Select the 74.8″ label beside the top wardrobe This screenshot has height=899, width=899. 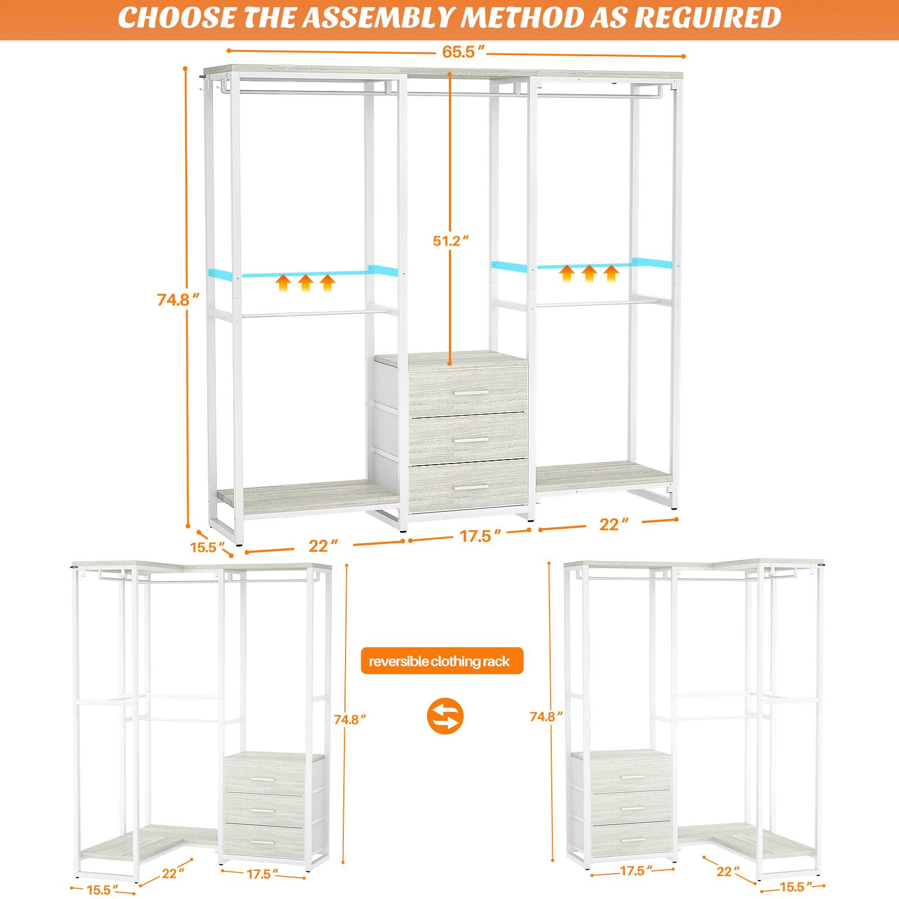178,299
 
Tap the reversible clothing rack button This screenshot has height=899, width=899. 442,661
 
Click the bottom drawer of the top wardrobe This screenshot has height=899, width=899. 467,487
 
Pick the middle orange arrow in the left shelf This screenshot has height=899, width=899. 305,282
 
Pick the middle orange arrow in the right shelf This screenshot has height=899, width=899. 588,273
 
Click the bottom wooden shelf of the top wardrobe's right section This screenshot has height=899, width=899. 604,473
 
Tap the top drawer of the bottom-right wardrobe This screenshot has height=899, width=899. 623,773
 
